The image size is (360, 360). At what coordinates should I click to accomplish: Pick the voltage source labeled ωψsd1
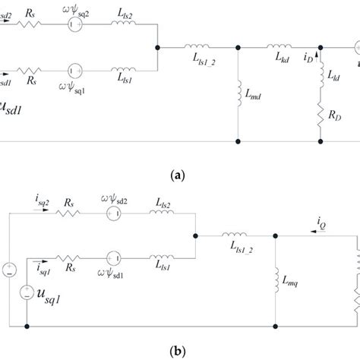[x=115, y=258]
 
